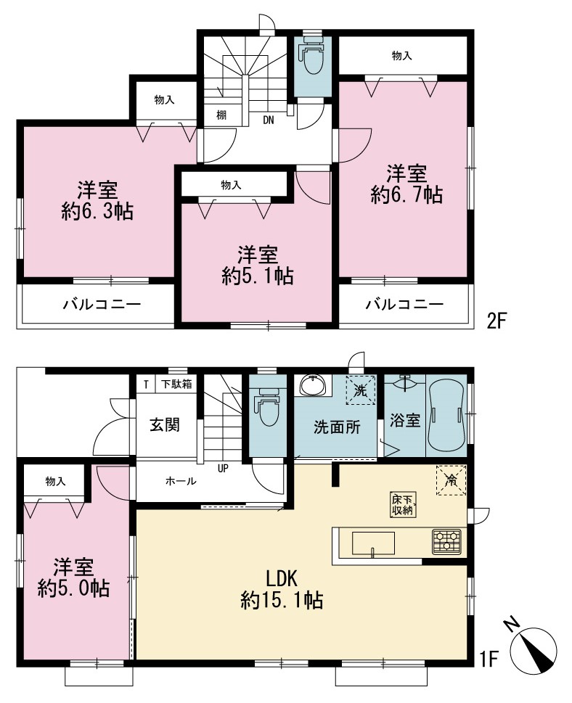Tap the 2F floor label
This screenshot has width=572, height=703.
click(x=497, y=321)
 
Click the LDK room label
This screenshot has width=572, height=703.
click(x=282, y=579)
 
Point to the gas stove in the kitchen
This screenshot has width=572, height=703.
click(x=446, y=541)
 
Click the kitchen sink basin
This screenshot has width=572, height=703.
click(x=373, y=543)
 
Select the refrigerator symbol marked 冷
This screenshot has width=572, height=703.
click(x=451, y=480)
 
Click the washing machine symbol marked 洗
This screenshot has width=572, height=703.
click(x=361, y=390)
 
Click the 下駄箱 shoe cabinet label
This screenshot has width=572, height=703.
click(x=176, y=385)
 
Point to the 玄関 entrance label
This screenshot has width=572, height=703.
click(x=165, y=424)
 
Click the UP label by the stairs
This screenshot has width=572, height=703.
click(x=223, y=469)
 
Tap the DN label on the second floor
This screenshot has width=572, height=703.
click(x=269, y=120)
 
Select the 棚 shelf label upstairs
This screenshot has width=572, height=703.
click(x=221, y=115)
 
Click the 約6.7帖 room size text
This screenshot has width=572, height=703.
click(x=406, y=195)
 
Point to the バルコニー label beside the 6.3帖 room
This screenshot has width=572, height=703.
click(x=102, y=305)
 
